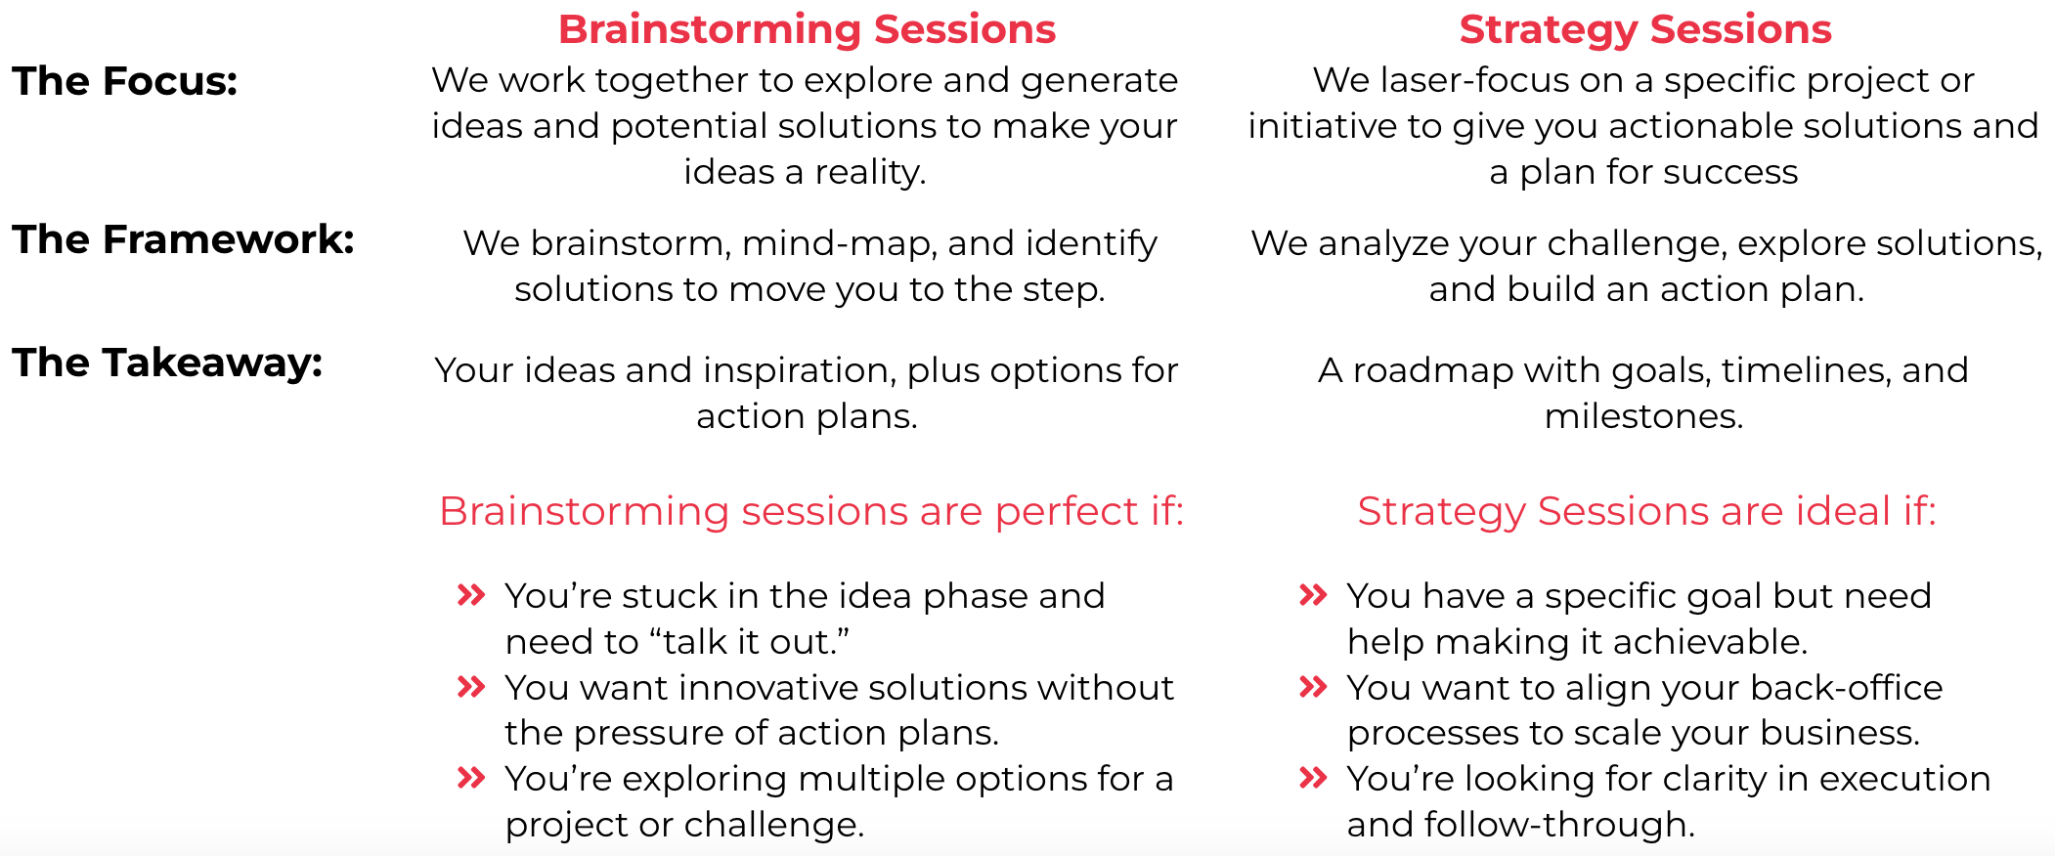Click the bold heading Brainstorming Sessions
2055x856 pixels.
point(807,30)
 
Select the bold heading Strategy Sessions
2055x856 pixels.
point(1645,30)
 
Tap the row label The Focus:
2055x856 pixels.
point(125,81)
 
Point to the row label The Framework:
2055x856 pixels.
point(183,239)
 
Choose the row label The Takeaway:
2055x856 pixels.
point(167,363)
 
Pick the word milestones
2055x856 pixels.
point(1643,416)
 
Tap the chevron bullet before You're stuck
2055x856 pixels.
point(471,594)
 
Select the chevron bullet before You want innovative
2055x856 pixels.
point(471,686)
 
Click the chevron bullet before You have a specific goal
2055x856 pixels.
point(1313,594)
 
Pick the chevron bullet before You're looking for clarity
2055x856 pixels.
point(1313,777)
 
